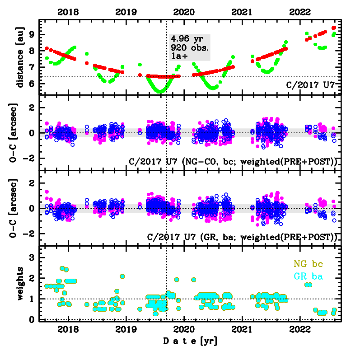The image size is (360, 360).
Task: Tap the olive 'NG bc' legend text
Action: pyautogui.click(x=308, y=263)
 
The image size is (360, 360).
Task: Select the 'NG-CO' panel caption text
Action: pyautogui.click(x=234, y=161)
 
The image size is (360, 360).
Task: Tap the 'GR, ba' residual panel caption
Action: pyautogui.click(x=243, y=237)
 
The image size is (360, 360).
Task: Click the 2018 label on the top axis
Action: pyautogui.click(x=68, y=12)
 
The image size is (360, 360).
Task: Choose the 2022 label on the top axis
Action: pyautogui.click(x=301, y=12)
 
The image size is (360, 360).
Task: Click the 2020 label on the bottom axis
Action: pyautogui.click(x=184, y=329)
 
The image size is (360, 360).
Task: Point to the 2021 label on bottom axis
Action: pyautogui.click(x=243, y=329)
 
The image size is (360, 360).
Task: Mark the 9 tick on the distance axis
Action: pyautogui.click(x=33, y=34)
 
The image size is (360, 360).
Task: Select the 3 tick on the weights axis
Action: pyautogui.click(x=33, y=257)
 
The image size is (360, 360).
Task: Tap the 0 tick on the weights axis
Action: pyautogui.click(x=33, y=319)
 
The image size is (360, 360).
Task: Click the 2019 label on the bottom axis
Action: pyautogui.click(x=126, y=329)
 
